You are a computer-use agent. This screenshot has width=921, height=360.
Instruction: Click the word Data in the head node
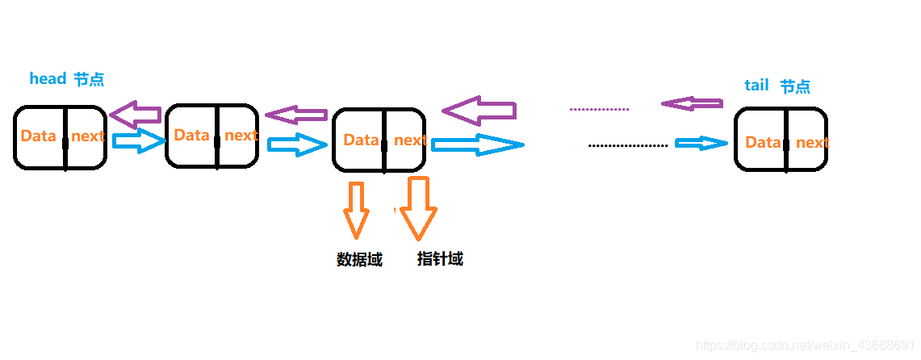38,136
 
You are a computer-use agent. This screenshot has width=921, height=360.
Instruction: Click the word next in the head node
87,136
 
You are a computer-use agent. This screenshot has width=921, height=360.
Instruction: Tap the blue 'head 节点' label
66,79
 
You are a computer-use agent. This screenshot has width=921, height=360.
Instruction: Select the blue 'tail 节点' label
777,86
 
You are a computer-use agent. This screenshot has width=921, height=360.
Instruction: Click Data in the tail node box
762,143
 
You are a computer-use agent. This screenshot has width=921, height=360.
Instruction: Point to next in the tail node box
811,143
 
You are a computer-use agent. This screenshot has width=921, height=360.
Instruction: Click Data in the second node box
191,135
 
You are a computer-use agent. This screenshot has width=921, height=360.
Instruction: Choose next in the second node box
241,136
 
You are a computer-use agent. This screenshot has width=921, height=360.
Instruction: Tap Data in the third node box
361,140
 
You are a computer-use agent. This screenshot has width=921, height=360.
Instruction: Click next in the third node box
410,140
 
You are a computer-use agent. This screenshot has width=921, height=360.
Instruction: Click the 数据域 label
359,260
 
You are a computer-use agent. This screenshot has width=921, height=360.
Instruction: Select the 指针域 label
440,259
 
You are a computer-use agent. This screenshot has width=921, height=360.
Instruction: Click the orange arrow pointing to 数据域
356,208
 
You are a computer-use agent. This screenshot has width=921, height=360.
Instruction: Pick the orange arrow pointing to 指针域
418,208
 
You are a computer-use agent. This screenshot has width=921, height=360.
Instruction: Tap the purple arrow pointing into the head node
135,115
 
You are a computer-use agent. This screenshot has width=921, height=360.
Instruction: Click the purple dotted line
599,108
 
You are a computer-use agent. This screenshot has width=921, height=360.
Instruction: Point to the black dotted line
628,145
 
